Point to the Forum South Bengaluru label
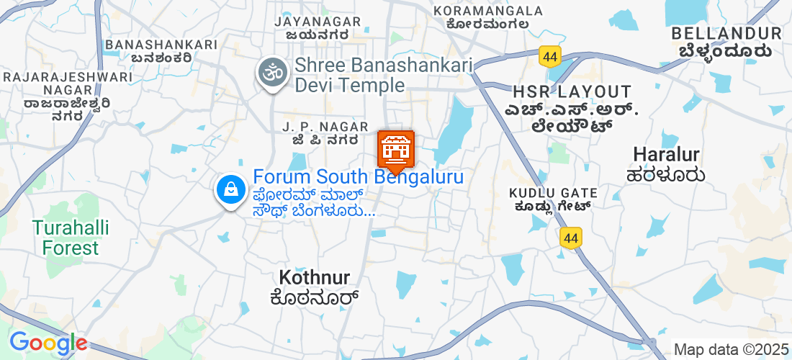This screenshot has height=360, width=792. [358, 176]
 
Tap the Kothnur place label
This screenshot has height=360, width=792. [314, 276]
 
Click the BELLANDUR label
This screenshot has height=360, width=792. [726, 33]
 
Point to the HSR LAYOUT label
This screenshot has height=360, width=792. [572, 92]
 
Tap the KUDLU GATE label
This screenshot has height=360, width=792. [554, 193]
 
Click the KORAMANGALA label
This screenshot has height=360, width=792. [488, 11]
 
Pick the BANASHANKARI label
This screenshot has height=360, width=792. [161, 45]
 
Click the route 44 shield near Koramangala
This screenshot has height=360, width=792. [550, 55]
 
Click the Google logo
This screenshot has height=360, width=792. [48, 343]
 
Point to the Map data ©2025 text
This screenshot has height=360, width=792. [732, 349]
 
